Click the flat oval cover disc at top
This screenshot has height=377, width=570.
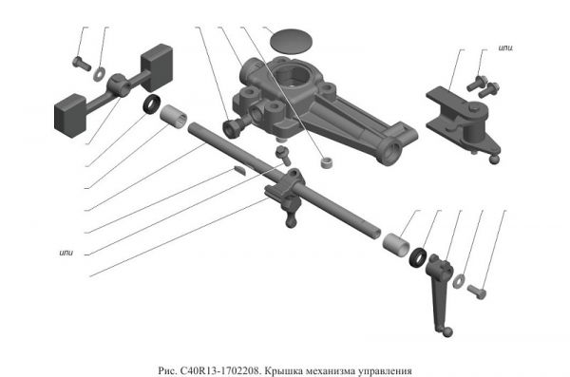click(292, 41)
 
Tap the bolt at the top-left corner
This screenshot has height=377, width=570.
click(82, 64)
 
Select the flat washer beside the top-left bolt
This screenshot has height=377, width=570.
click(99, 74)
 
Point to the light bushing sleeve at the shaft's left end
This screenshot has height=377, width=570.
click(174, 117)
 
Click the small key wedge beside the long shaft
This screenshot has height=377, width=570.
click(239, 170)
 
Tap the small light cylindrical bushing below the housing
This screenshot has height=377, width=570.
click(328, 162)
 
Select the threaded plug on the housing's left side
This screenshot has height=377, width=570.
click(234, 128)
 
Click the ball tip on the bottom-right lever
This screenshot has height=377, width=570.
click(448, 331)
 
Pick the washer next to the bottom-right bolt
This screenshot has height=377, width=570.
click(459, 281)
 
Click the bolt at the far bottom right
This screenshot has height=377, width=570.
click(477, 292)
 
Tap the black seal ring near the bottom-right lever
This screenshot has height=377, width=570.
click(418, 257)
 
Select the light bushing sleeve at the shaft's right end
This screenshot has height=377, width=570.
click(396, 245)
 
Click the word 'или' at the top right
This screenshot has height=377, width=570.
click(505, 48)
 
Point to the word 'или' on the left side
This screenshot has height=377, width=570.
click(66, 253)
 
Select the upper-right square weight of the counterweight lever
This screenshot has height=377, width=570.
click(157, 67)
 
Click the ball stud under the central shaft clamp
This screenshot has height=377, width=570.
click(291, 218)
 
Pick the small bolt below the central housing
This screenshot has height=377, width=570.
click(283, 155)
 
